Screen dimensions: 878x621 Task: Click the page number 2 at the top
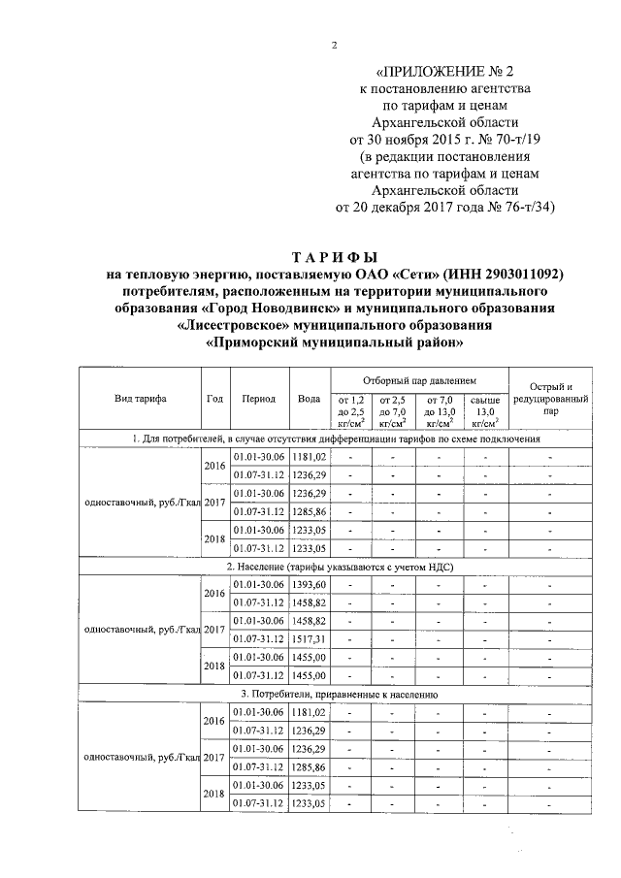[x=333, y=46]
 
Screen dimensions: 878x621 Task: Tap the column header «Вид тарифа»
[x=140, y=399]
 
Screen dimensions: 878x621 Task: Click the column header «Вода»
[x=309, y=399]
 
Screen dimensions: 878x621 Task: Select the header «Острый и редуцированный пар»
[x=550, y=399]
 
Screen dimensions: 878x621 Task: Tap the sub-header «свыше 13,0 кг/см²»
[x=484, y=410]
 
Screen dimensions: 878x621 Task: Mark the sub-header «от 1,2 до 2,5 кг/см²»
[x=350, y=410]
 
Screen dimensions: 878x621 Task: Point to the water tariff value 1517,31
[x=309, y=638]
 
